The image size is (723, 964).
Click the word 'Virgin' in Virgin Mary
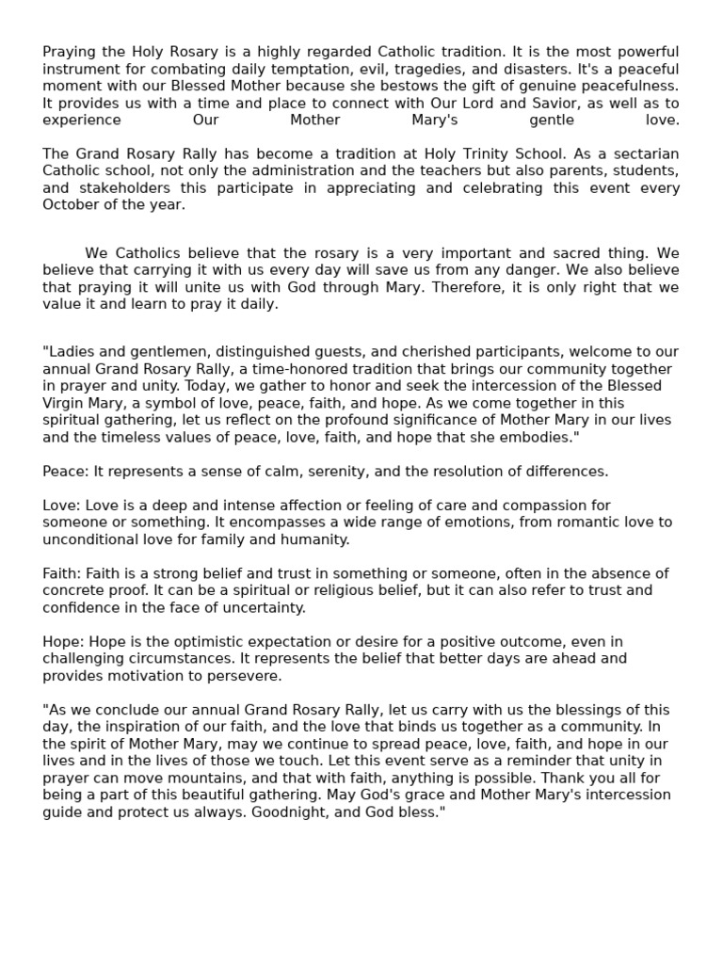(64, 403)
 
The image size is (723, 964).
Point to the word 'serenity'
(328, 471)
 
